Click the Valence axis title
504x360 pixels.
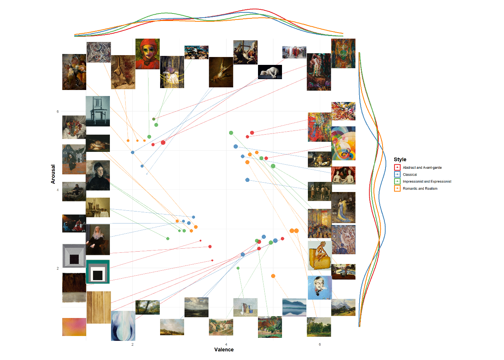click(x=224, y=349)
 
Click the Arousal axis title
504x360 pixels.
click(x=53, y=174)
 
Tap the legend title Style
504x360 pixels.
click(x=400, y=159)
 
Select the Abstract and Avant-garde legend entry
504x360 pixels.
click(x=422, y=168)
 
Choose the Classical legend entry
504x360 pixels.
click(x=409, y=174)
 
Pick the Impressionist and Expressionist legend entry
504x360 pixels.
click(x=427, y=181)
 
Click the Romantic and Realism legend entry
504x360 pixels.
click(x=420, y=189)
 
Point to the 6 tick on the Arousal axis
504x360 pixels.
click(x=58, y=111)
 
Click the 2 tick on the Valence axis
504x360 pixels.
click(x=132, y=344)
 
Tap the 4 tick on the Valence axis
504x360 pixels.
click(x=226, y=344)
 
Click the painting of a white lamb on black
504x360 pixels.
click(x=270, y=72)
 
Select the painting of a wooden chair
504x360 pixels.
click(x=97, y=111)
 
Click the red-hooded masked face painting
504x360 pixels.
click(x=147, y=54)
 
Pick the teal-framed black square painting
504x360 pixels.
click(x=98, y=271)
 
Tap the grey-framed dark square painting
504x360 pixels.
click(x=74, y=256)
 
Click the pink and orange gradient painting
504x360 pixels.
click(x=74, y=327)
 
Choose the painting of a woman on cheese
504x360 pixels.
click(x=319, y=255)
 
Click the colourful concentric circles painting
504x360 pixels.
click(x=343, y=144)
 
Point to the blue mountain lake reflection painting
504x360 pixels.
click(x=294, y=307)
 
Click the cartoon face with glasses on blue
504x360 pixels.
click(x=319, y=288)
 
